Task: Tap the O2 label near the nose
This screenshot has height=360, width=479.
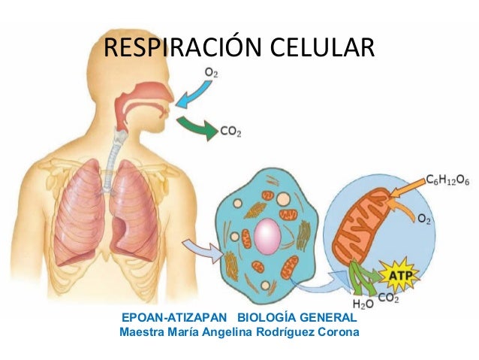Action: click(212, 72)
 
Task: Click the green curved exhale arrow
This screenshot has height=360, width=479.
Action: click(197, 126)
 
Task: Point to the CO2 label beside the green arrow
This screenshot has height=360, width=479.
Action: click(231, 132)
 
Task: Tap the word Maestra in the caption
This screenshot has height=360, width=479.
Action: click(143, 331)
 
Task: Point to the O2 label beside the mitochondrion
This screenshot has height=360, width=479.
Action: click(424, 219)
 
